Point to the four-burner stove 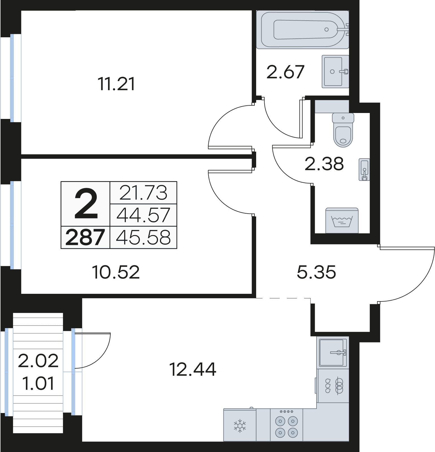pyautogui.click(x=287, y=425)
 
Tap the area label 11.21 pyautogui.click(x=117, y=84)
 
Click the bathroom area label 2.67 pyautogui.click(x=285, y=72)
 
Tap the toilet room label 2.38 pyautogui.click(x=324, y=164)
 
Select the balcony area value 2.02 pyautogui.click(x=38, y=361)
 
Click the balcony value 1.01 pyautogui.click(x=38, y=384)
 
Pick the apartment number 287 pyautogui.click(x=85, y=238)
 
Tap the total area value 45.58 pyautogui.click(x=143, y=238)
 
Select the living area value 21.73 pyautogui.click(x=143, y=193)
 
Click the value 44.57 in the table pyautogui.click(x=143, y=215)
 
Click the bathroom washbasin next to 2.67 pyautogui.click(x=335, y=71)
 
